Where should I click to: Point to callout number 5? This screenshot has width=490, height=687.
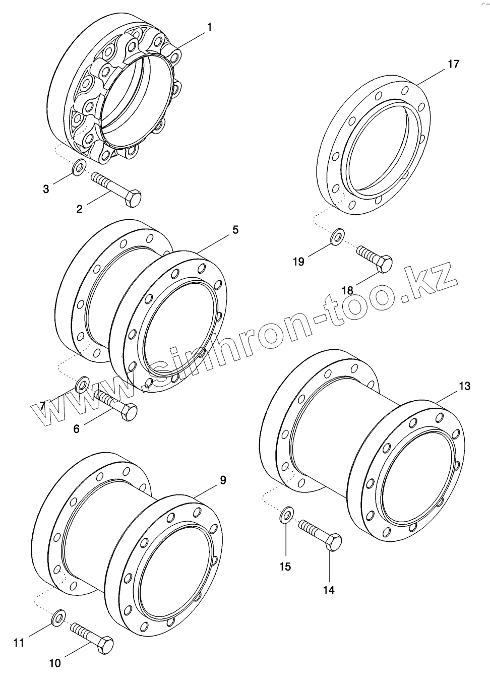(235, 230)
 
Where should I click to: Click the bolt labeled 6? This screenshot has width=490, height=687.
(115, 404)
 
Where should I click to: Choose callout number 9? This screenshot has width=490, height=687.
(223, 480)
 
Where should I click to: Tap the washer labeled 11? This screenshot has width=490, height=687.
(59, 617)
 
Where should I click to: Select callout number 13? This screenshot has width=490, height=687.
(464, 386)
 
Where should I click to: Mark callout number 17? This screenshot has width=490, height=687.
(453, 64)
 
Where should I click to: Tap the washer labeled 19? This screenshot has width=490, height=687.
(338, 235)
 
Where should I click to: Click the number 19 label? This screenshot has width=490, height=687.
(298, 262)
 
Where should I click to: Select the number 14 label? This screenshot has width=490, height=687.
(329, 590)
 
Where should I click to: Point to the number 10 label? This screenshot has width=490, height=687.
(55, 663)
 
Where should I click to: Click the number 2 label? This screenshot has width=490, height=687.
(79, 209)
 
